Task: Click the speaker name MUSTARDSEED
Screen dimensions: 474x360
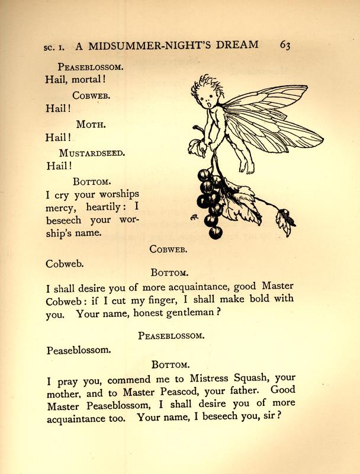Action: (x=92, y=153)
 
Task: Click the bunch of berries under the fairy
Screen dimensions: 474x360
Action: (x=208, y=198)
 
